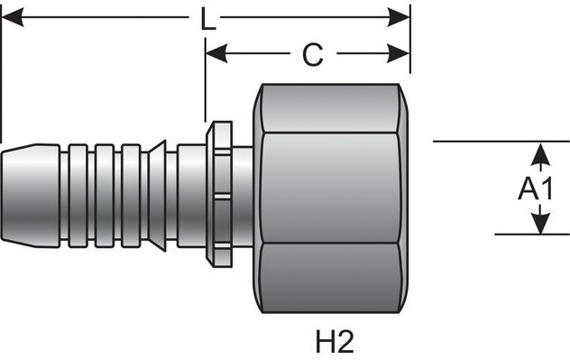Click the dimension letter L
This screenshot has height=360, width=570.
click(208, 19)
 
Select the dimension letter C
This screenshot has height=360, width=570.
click(312, 55)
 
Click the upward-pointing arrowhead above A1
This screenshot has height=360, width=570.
click(539, 152)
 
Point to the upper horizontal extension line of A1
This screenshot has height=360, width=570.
click(501, 142)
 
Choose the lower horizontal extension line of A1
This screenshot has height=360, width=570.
click(501, 235)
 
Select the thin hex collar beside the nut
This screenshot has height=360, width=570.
click(216, 193)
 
